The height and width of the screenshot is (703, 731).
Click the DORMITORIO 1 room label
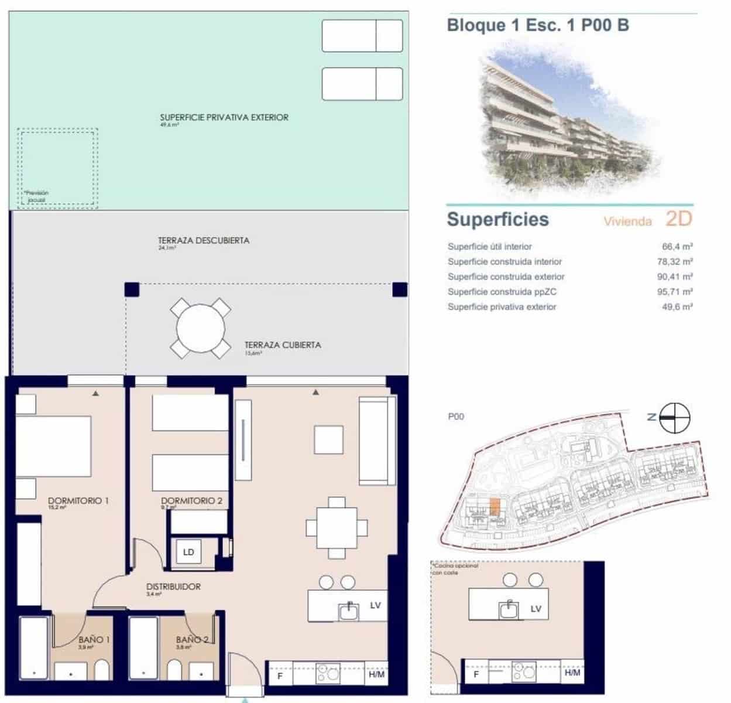pyautogui.click(x=78, y=501)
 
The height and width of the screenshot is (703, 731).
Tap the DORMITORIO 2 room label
pyautogui.click(x=191, y=501)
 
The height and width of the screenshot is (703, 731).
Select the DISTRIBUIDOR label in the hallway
pyautogui.click(x=173, y=586)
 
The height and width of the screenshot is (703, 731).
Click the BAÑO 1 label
pyautogui.click(x=94, y=639)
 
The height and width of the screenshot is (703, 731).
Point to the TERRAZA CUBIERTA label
pyautogui.click(x=283, y=345)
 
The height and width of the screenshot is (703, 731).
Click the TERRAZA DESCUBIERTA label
pyautogui.click(x=204, y=240)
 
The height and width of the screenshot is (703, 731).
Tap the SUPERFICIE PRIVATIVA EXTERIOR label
pyautogui.click(x=224, y=117)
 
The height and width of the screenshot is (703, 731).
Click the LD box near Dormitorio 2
pyautogui.click(x=188, y=552)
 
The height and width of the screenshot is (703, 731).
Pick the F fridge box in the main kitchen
pyautogui.click(x=280, y=675)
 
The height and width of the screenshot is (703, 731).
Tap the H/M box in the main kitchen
pyautogui.click(x=377, y=675)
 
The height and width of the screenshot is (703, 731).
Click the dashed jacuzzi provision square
pyautogui.click(x=57, y=168)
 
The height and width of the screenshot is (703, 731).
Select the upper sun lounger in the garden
pyautogui.click(x=362, y=36)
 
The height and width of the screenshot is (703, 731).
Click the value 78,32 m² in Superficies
pyautogui.click(x=675, y=262)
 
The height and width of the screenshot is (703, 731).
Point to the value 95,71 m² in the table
pyautogui.click(x=675, y=292)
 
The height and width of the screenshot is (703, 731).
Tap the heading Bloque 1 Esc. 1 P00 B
pyautogui.click(x=537, y=25)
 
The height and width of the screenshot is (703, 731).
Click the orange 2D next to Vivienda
pyautogui.click(x=678, y=219)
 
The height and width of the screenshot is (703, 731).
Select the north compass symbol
pyautogui.click(x=674, y=418)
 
